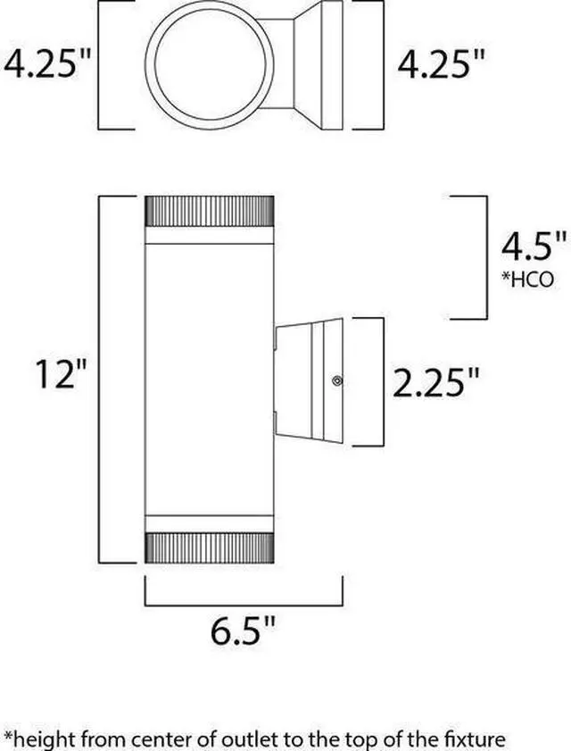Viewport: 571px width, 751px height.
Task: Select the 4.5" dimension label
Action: (x=534, y=245)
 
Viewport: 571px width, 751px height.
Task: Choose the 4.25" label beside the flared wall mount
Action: (x=441, y=65)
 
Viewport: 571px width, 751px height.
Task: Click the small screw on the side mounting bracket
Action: (x=337, y=382)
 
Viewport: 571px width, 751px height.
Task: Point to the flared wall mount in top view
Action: (x=314, y=65)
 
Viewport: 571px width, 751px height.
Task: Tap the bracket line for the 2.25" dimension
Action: (x=382, y=381)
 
